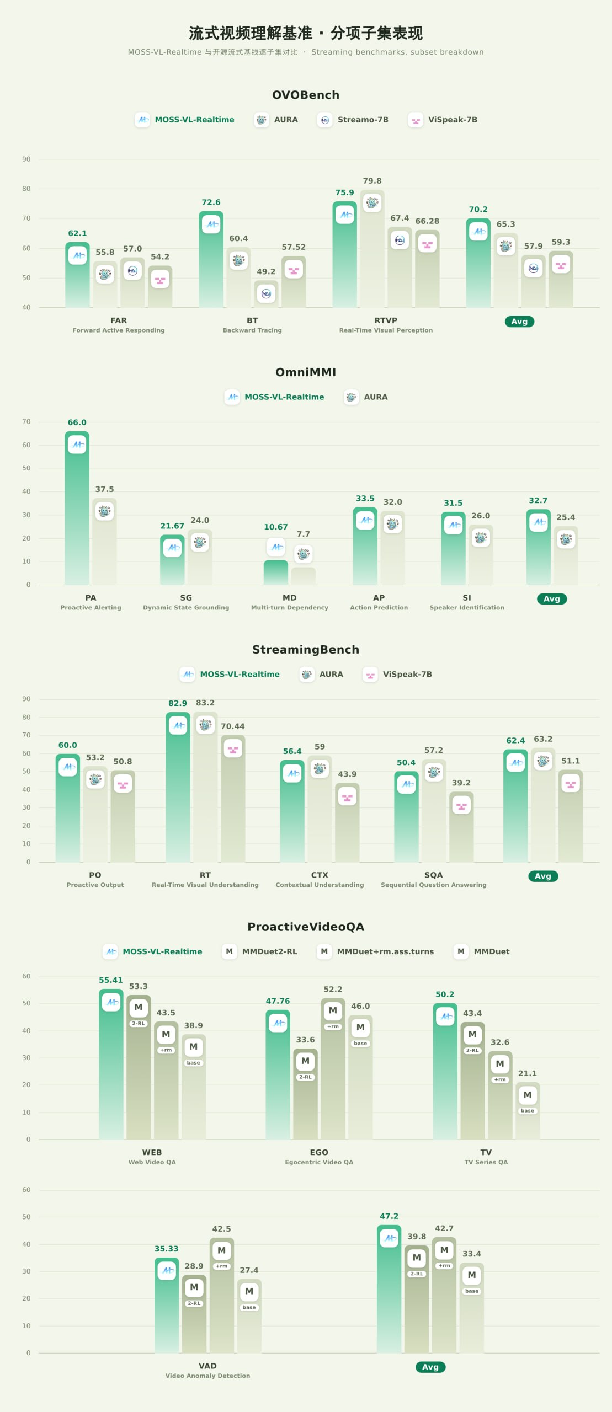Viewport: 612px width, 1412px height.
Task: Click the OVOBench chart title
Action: (306, 95)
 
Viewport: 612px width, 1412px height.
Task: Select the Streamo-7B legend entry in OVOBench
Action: (353, 120)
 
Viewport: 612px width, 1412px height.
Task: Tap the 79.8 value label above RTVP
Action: (372, 181)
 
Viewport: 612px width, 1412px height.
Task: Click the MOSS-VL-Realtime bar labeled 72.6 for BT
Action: (211, 259)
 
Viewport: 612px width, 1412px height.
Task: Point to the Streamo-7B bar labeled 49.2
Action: (266, 294)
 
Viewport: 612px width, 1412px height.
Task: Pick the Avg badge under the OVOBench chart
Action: (519, 322)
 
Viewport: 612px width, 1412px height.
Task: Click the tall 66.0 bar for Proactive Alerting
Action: (77, 508)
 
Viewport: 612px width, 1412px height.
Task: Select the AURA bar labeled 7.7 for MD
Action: (304, 576)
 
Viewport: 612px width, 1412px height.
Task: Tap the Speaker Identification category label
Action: (467, 607)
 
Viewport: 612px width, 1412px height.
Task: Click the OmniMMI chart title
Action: (306, 372)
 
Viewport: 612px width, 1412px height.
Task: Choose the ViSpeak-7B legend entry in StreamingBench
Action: (397, 674)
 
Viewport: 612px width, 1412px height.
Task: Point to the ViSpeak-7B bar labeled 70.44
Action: (233, 799)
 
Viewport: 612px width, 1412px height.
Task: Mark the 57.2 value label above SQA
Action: (434, 750)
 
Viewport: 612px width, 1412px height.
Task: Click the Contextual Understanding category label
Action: (320, 885)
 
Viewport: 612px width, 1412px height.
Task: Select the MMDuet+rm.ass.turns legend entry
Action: (375, 951)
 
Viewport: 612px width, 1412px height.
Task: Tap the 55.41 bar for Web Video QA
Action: (111, 1064)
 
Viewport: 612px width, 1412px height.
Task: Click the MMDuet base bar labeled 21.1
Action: (528, 1110)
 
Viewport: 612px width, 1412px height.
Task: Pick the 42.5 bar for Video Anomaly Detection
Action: (222, 1295)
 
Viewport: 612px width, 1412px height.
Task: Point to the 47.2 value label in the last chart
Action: (389, 1216)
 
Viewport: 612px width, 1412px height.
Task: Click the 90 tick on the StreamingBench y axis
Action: (26, 699)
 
